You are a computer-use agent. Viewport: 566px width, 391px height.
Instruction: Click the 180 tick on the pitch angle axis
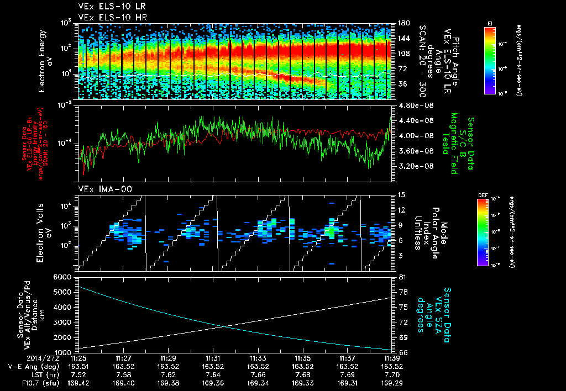(x=402, y=23)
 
